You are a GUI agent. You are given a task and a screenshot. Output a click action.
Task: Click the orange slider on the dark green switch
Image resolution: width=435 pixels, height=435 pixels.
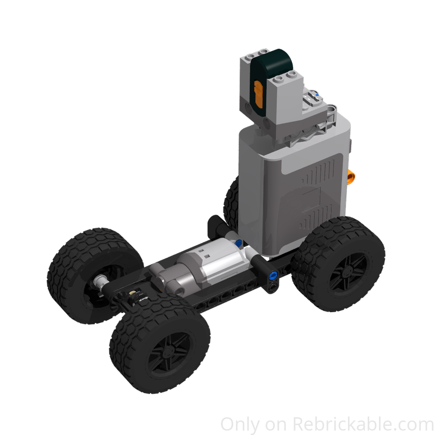(258, 94)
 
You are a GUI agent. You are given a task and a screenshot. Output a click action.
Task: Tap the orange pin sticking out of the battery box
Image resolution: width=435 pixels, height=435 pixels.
(353, 176)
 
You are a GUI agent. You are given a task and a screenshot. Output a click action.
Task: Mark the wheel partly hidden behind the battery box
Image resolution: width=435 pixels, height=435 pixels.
(231, 198)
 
